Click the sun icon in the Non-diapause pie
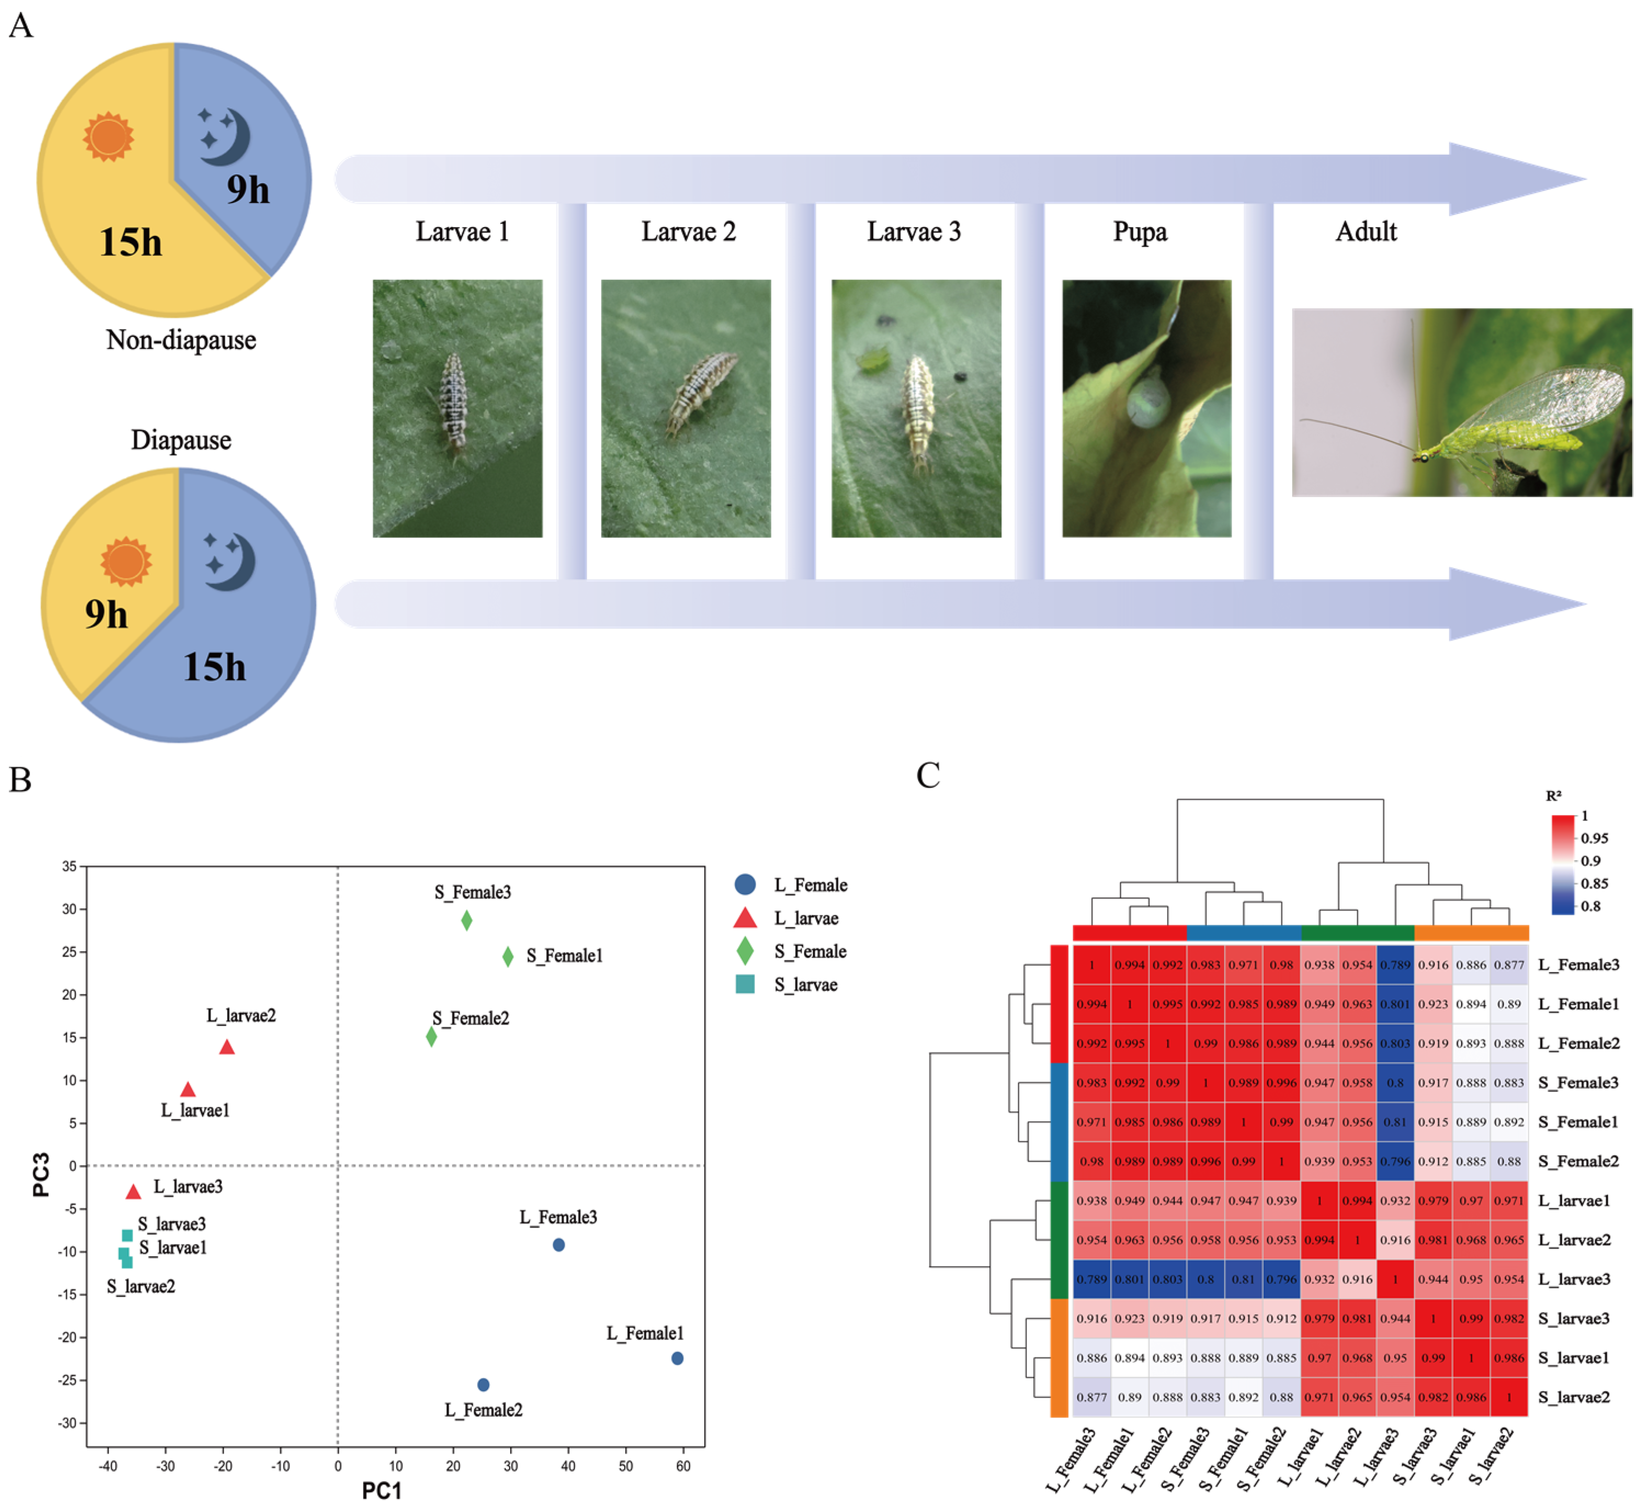(108, 137)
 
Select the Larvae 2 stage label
(688, 232)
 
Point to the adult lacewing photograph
(1461, 402)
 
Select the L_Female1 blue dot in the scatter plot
(677, 1358)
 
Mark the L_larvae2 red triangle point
(227, 1048)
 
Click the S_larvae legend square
(745, 984)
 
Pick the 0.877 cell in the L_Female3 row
(1508, 965)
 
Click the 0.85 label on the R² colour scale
(1594, 883)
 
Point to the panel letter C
(928, 776)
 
